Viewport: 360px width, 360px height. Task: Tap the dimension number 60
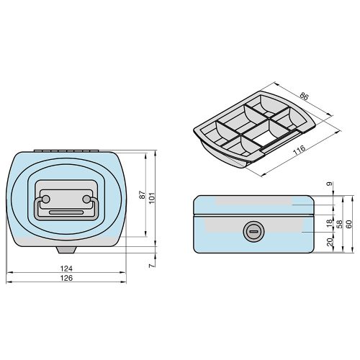click(349, 224)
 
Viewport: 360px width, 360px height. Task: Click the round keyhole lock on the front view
click(252, 231)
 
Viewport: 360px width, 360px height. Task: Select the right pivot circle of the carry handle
click(87, 199)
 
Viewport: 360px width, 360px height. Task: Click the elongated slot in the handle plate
click(66, 212)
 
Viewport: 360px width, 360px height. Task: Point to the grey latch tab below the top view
click(66, 249)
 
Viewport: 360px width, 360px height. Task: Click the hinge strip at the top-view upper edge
click(66, 149)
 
